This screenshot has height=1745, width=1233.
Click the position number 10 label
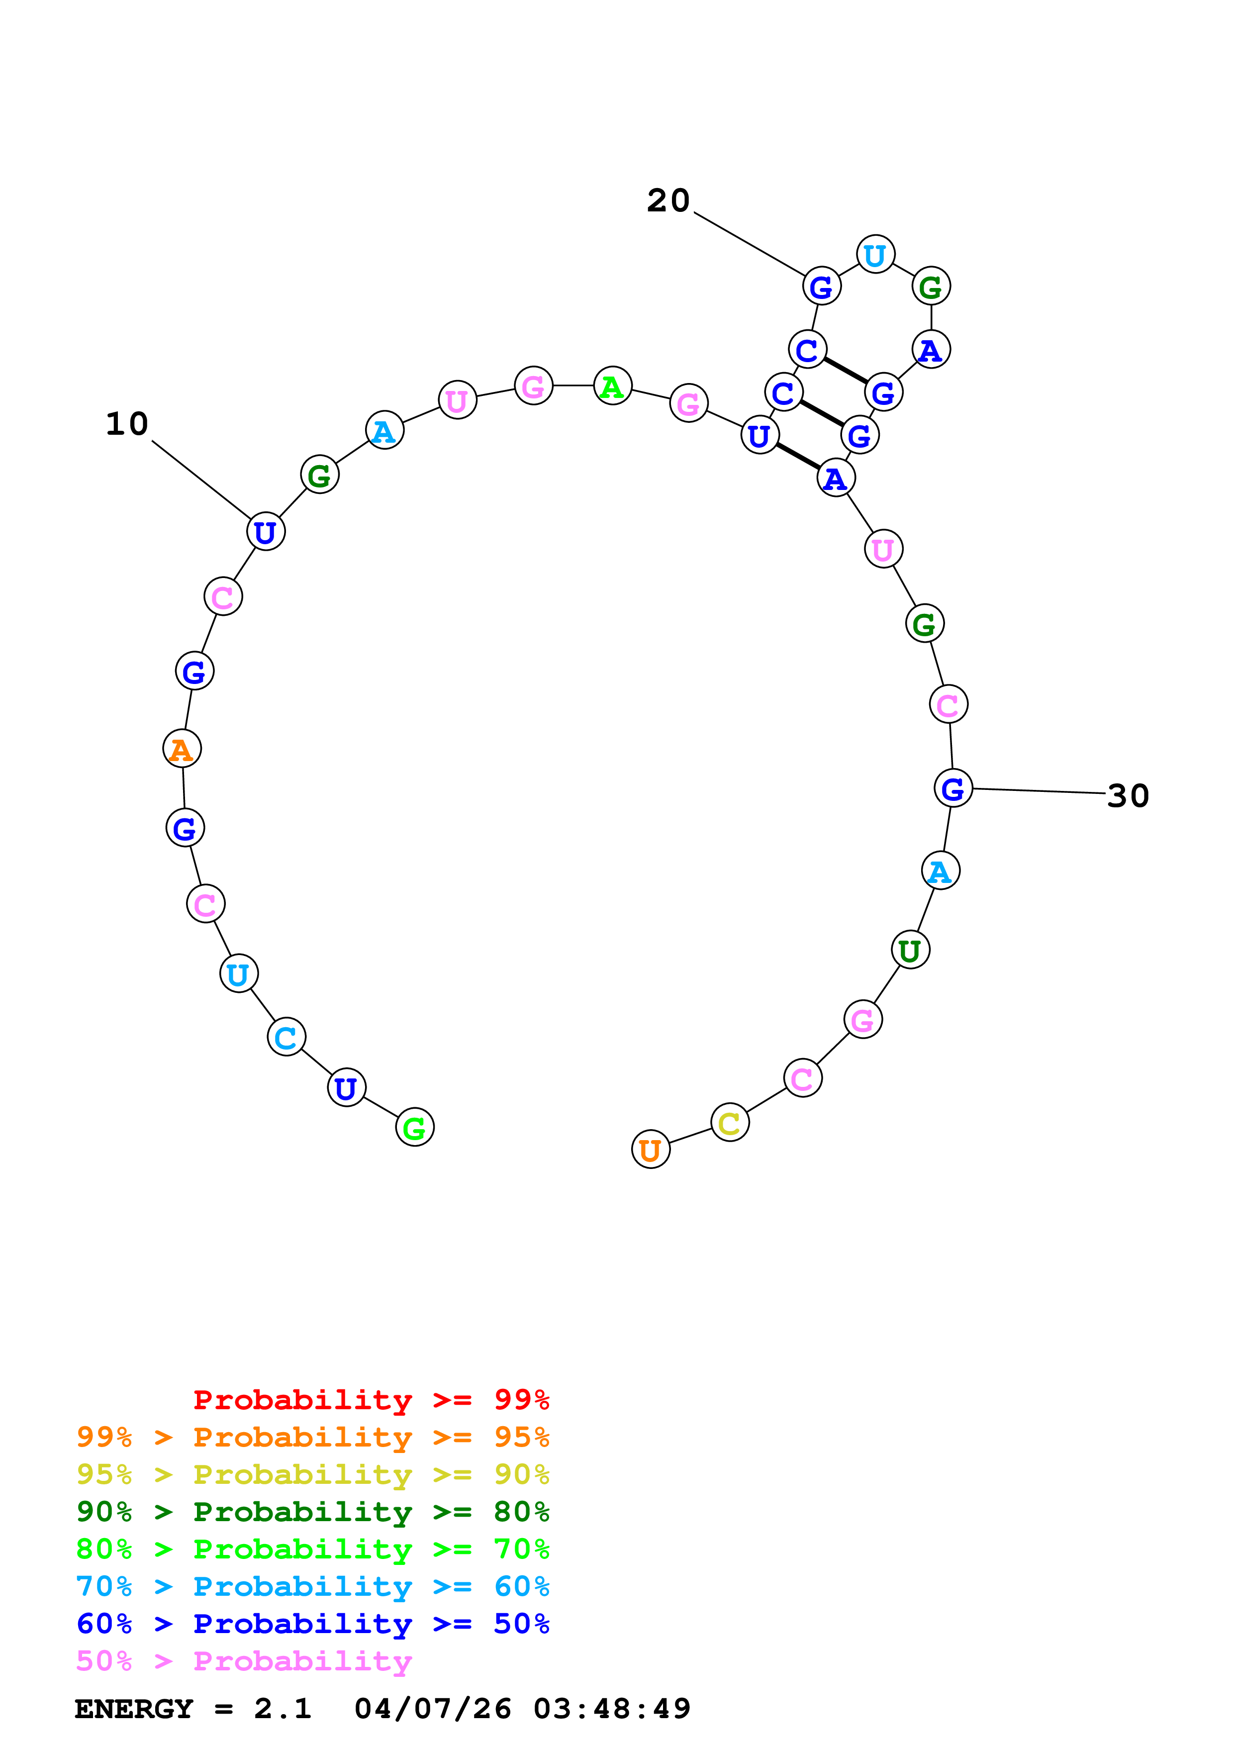127,424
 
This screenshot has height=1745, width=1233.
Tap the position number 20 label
668,200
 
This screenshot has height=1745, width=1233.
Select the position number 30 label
1128,796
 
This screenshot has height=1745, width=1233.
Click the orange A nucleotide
182,749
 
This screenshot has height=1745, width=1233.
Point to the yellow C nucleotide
729,1123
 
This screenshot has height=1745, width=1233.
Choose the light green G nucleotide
415,1127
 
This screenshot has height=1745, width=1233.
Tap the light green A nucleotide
612,386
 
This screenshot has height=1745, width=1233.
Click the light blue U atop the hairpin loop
875,255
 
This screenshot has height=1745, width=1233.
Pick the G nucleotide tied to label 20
821,287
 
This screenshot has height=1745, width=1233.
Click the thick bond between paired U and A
798,457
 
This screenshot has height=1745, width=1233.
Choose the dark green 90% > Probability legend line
312,1512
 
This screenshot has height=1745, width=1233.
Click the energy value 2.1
283,1709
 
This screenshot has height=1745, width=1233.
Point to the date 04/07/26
432,1709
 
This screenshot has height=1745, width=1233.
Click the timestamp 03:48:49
612,1709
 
